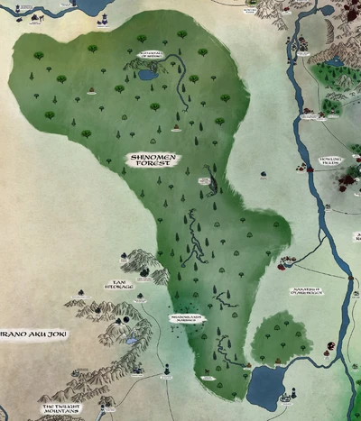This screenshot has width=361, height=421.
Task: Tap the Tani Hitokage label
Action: point(119,285)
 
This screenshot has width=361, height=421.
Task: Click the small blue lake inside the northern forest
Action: point(147,76)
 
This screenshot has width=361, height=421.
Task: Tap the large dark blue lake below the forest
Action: point(265,386)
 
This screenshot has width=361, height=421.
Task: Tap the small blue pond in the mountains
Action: point(122,321)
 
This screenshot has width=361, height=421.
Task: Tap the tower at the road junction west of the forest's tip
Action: point(167,369)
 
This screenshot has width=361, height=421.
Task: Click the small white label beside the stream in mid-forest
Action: point(205,181)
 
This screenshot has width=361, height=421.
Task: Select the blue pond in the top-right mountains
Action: point(336,62)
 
